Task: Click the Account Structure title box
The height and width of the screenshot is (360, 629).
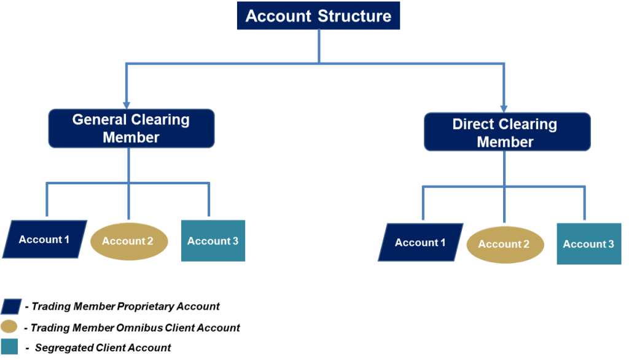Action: click(318, 16)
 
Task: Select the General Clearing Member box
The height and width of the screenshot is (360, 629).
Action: click(131, 128)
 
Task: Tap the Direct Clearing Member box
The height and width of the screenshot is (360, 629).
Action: click(507, 132)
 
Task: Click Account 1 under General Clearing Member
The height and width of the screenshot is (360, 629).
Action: click(44, 239)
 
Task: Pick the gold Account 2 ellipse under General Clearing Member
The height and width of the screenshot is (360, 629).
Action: click(128, 241)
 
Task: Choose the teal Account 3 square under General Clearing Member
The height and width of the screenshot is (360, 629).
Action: click(213, 241)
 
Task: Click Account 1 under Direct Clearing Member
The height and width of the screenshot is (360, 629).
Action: click(420, 242)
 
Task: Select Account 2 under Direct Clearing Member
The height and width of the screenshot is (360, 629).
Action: click(504, 244)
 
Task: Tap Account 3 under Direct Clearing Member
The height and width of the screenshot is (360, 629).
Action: click(588, 244)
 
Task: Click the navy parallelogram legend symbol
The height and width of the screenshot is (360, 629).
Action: click(11, 306)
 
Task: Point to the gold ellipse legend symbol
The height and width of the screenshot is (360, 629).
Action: click(9, 326)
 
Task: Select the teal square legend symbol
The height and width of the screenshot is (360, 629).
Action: click(9, 346)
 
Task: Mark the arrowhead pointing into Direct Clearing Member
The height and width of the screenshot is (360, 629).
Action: click(504, 109)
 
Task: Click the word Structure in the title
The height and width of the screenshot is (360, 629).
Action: click(354, 16)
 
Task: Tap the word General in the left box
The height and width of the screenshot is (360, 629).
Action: click(100, 119)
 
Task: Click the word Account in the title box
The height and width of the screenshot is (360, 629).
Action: click(279, 16)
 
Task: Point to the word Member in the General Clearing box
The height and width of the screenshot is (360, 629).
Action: click(131, 138)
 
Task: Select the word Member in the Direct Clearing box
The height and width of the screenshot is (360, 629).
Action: click(506, 142)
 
